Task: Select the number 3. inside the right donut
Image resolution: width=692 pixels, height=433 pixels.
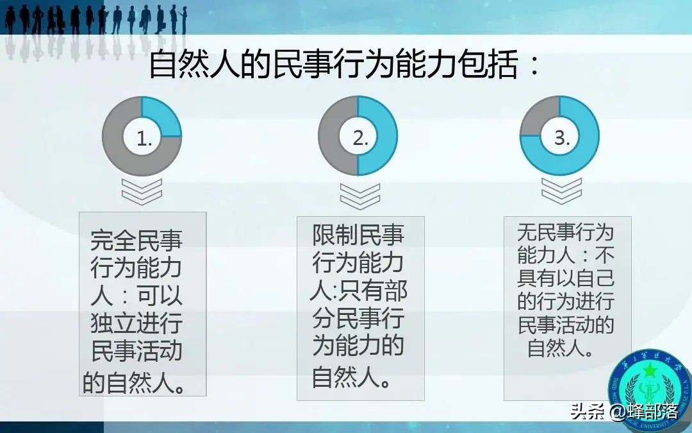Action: click(562, 138)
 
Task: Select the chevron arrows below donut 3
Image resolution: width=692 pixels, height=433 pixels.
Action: click(562, 191)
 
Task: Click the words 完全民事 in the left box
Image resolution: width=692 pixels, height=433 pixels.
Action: click(136, 241)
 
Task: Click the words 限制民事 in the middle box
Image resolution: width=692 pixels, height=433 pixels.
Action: click(358, 235)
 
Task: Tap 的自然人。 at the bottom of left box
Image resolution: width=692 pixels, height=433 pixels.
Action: click(135, 382)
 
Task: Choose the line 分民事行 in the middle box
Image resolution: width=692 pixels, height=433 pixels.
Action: click(358, 318)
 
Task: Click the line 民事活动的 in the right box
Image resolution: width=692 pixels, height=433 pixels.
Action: click(565, 325)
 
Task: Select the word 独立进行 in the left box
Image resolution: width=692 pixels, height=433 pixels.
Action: click(136, 324)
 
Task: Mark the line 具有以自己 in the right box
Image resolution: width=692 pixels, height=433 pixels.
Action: click(565, 278)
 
